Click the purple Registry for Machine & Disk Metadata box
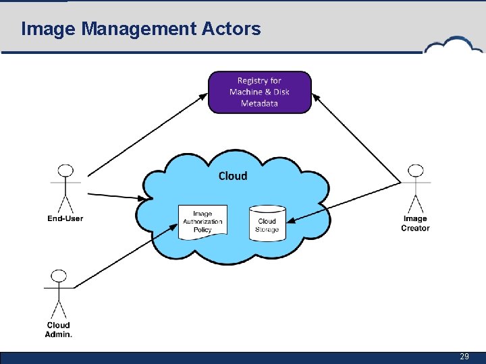click(259, 92)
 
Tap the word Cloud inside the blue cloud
click(233, 176)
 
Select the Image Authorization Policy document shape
click(202, 221)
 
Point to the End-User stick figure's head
click(65, 170)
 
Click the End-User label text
click(65, 218)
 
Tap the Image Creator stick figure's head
click(416, 170)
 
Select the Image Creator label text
click(415, 223)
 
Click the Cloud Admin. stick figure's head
click(59, 276)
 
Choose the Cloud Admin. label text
click(59, 330)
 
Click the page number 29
click(464, 357)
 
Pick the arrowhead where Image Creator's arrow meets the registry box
click(315, 96)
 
